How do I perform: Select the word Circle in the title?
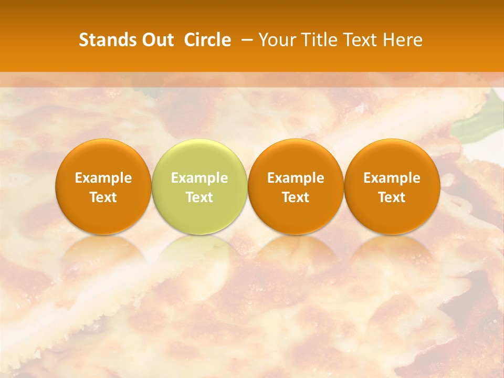click(207, 40)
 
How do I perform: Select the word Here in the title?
click(403, 40)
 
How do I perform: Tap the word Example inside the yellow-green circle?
click(199, 178)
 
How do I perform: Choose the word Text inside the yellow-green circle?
click(199, 197)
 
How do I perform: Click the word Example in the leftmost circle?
click(103, 178)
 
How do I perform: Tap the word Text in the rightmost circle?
click(392, 197)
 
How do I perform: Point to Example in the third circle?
click(296, 178)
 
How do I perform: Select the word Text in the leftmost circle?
click(103, 197)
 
